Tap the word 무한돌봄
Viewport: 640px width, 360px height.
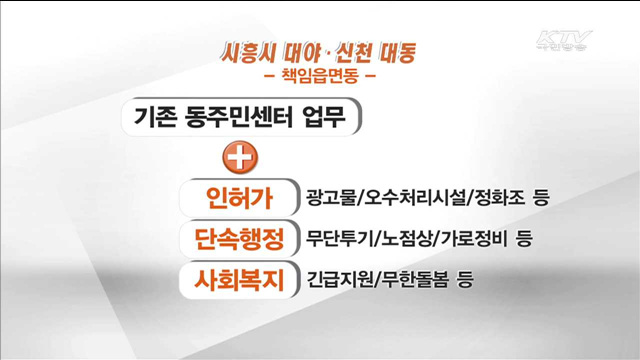[x=415, y=281]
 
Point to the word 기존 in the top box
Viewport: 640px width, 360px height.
[x=156, y=117]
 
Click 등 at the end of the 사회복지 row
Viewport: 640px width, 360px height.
[x=464, y=281]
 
